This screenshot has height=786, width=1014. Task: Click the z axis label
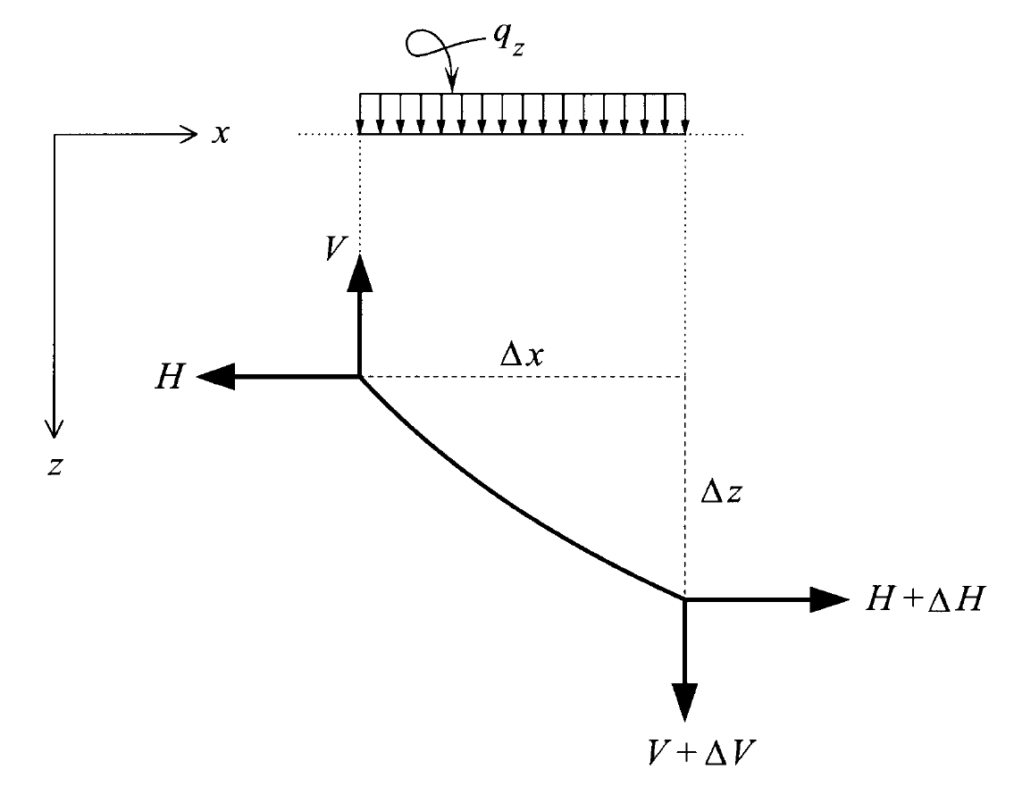[55, 466]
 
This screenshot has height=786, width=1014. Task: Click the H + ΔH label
[923, 600]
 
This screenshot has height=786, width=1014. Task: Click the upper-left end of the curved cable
[360, 377]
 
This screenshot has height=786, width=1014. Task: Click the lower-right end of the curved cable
[684, 600]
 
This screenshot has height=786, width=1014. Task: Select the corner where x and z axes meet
[55, 136]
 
